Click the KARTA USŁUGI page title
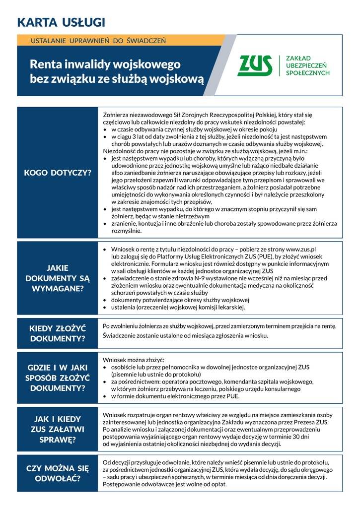pos(61,22)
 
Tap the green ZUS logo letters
pos(255,65)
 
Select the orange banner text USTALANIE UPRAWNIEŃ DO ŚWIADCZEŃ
pos(98,40)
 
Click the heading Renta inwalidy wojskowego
pos(105,64)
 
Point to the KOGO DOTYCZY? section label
pos(58,173)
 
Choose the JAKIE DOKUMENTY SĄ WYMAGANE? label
pos(58,278)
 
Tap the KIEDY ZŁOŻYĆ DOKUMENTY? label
pos(58,333)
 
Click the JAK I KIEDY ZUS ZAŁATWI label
pos(58,429)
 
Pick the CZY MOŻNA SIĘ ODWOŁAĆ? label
pos(58,473)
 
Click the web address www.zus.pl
pos(301,249)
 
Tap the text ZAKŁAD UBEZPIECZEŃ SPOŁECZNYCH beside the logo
pos(308,65)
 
